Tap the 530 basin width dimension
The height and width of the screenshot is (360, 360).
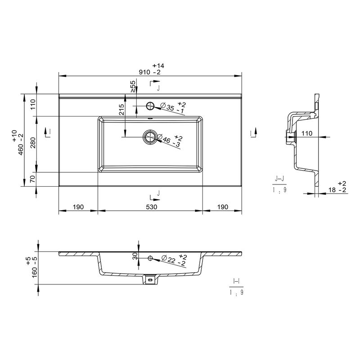(x=152, y=207)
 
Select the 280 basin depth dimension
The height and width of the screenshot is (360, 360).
(x=33, y=143)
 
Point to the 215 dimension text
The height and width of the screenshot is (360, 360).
(x=121, y=109)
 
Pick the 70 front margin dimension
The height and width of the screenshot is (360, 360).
(x=33, y=179)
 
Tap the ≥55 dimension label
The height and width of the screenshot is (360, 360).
(x=133, y=86)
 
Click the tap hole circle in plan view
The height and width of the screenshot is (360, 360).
(x=150, y=106)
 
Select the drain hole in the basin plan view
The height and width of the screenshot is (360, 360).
(x=150, y=137)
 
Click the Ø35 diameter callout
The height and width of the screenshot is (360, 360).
(x=173, y=108)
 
